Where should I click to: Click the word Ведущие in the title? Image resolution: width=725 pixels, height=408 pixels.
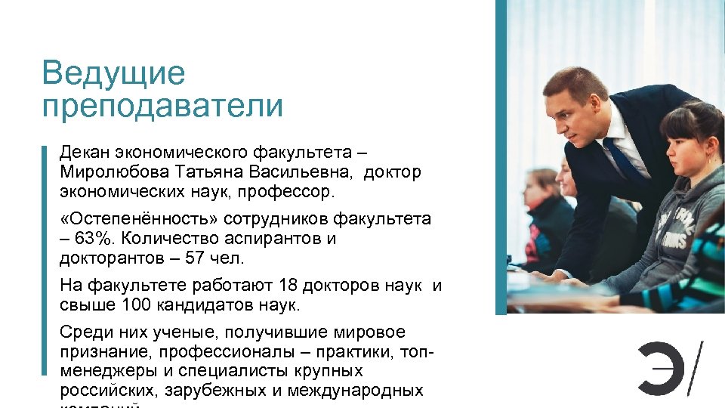(113, 74)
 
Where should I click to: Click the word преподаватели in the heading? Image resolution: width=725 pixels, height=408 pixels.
(162, 107)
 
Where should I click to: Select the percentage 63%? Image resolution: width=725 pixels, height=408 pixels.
(97, 239)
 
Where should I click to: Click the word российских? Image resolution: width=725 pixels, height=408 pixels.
(103, 391)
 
